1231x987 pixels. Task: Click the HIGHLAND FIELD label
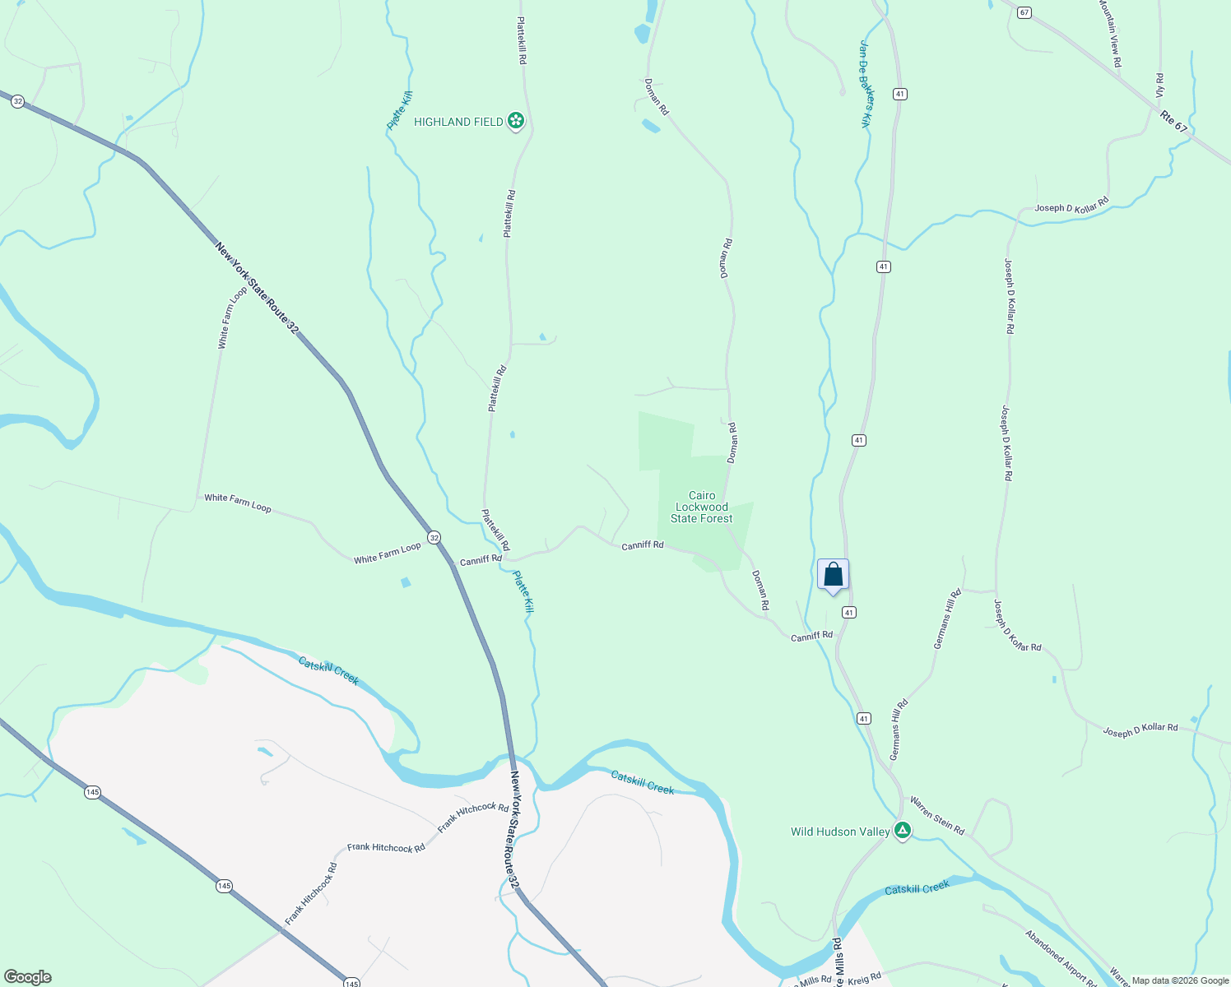[458, 122]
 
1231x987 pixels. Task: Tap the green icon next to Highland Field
[516, 122]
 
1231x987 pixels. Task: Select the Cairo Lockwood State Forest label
[702, 507]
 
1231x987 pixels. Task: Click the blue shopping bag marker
[833, 574]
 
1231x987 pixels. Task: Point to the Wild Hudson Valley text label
[840, 832]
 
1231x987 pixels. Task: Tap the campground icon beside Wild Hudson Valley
[903, 832]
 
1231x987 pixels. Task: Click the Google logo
[28, 976]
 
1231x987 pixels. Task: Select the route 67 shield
[1024, 12]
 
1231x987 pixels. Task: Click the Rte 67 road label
[1174, 122]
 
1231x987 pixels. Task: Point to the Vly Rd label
[1159, 86]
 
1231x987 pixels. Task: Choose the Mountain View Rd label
[1109, 33]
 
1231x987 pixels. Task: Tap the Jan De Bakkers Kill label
[866, 84]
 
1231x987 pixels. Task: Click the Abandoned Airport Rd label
[1061, 957]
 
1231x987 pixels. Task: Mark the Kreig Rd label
[864, 978]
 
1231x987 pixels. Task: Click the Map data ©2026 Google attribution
[1179, 980]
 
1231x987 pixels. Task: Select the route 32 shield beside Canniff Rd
[434, 537]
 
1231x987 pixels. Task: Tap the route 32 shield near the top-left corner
[17, 102]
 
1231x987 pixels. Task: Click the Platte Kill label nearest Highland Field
[400, 110]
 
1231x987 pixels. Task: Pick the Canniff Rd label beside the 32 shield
[481, 560]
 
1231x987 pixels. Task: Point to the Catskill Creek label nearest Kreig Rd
[917, 888]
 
